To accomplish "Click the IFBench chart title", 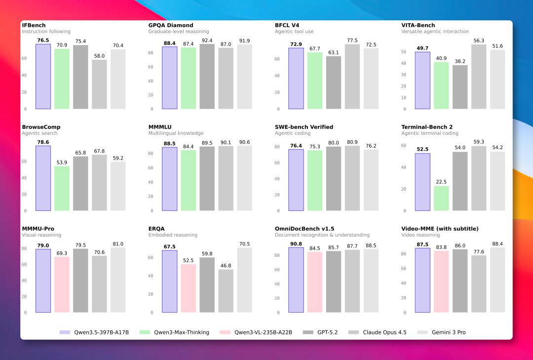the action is pyautogui.click(x=34, y=25).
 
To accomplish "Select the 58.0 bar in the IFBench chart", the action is pyautogui.click(x=99, y=84).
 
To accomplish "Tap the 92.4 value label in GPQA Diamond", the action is pyautogui.click(x=207, y=40).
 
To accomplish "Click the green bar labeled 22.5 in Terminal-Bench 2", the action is pyautogui.click(x=441, y=199).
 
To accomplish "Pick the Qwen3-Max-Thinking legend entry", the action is pyautogui.click(x=174, y=332).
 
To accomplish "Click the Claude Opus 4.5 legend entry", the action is pyautogui.click(x=378, y=332).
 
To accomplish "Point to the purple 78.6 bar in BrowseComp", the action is pyautogui.click(x=43, y=178).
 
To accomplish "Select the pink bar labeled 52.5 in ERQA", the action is pyautogui.click(x=189, y=288).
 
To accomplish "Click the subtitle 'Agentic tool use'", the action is pyautogui.click(x=294, y=31).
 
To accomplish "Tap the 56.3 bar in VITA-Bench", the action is pyautogui.click(x=479, y=77).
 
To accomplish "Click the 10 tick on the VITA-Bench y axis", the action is pyautogui.click(x=404, y=98).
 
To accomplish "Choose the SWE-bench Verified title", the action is pyautogui.click(x=304, y=127).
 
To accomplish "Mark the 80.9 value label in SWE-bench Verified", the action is pyautogui.click(x=352, y=142).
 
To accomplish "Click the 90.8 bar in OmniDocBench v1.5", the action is pyautogui.click(x=296, y=280).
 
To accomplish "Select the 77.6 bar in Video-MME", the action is pyautogui.click(x=479, y=284).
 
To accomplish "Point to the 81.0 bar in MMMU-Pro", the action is pyautogui.click(x=118, y=280).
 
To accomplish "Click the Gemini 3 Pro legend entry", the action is pyautogui.click(x=441, y=332).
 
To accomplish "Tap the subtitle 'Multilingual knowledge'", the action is pyautogui.click(x=176, y=133).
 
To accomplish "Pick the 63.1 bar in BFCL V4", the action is pyautogui.click(x=334, y=82).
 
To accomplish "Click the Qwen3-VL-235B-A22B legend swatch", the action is pyautogui.click(x=225, y=332).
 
